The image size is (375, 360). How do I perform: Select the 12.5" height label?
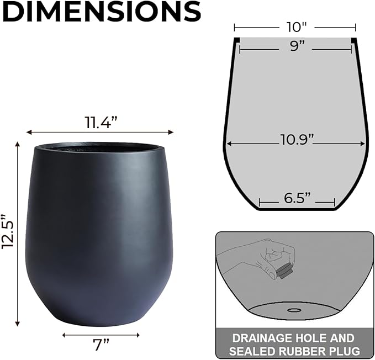tap(8, 231)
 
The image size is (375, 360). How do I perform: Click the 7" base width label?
tap(100, 345)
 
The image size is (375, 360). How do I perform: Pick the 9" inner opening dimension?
tap(297, 47)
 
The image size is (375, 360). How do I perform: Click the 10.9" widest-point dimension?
tap(295, 139)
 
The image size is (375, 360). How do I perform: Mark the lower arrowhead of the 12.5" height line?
tap(17, 324)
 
